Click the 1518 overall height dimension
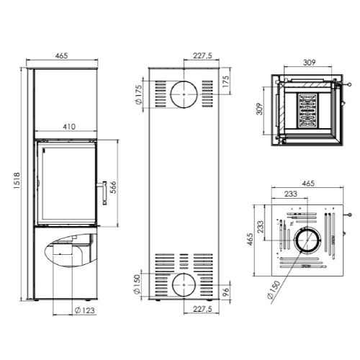pos(17,181)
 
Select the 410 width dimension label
pos(69,127)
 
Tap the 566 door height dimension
pos(113,187)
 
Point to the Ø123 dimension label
pos(85,310)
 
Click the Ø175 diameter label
pos(139,94)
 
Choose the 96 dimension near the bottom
pos(226,292)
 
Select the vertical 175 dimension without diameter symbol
pos(226,82)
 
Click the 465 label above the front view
pos(62,55)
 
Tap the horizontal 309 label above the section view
pos(310,63)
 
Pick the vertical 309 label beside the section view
pos(260,109)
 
